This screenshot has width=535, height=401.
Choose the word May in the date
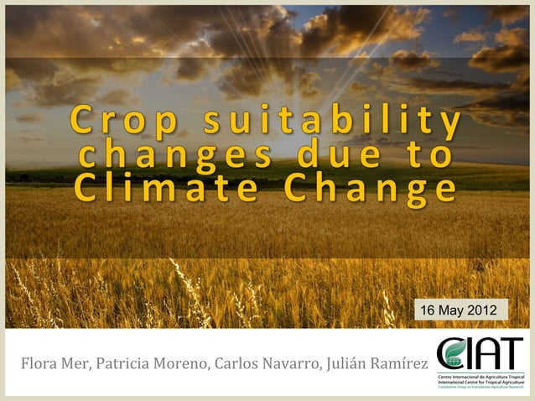coord(452,310)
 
